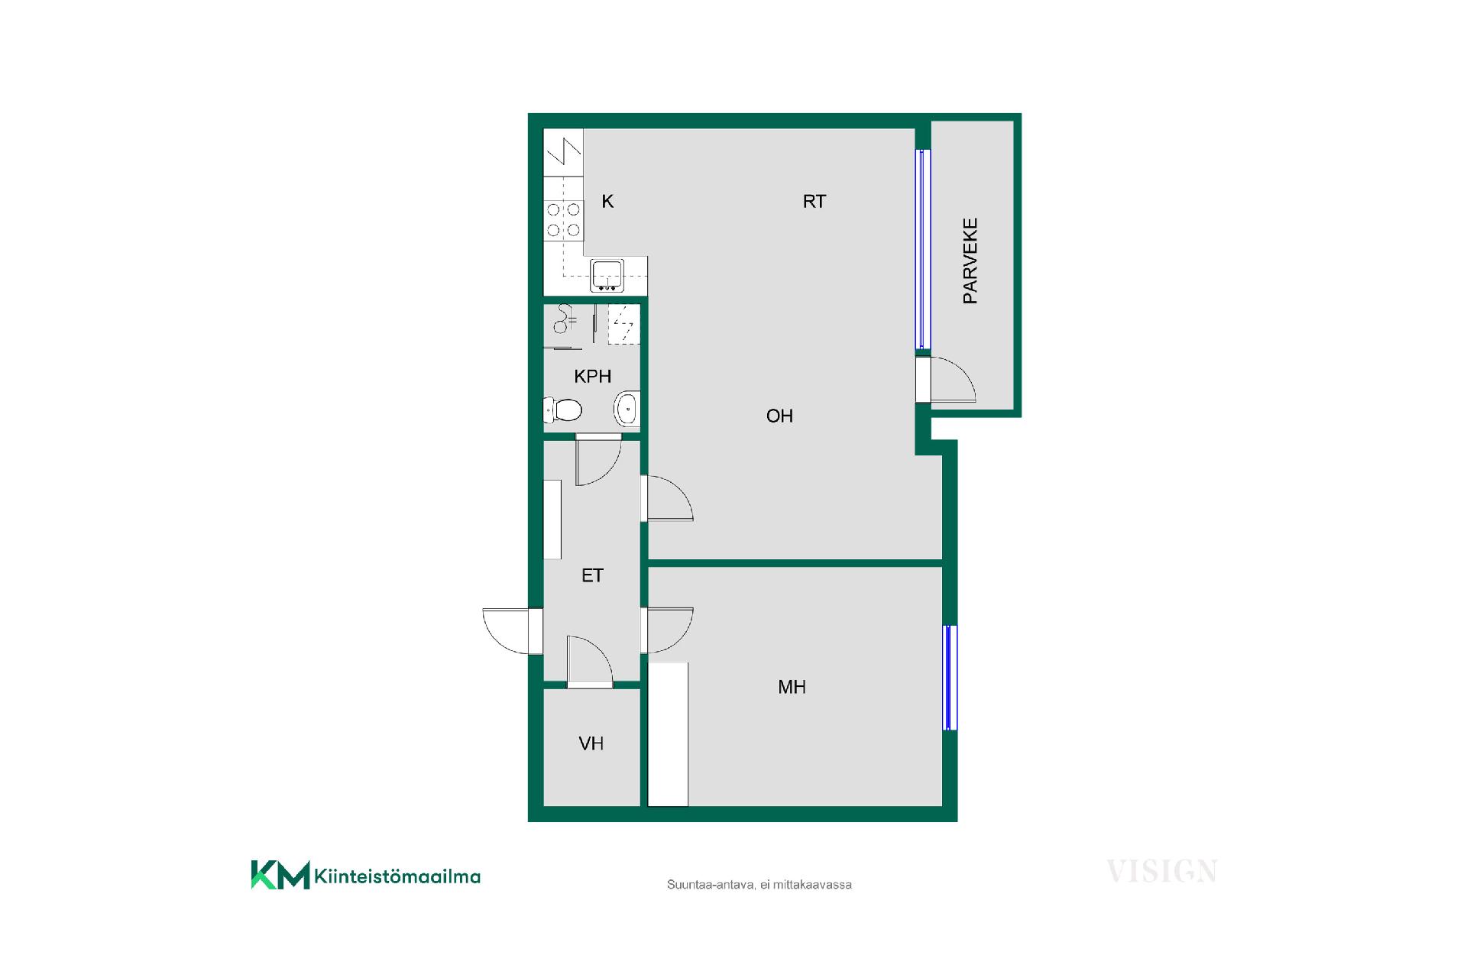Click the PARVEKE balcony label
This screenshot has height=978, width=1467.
(970, 261)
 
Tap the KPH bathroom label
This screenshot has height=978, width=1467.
(593, 376)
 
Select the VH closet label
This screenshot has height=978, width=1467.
(591, 743)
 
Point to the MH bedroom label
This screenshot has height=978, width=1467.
(792, 687)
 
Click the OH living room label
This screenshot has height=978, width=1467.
(779, 416)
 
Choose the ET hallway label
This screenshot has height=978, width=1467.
(592, 575)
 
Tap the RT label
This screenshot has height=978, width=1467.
(814, 201)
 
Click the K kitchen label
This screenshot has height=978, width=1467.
(608, 201)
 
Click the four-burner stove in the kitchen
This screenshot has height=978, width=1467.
(563, 219)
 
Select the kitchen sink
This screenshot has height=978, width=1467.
(607, 276)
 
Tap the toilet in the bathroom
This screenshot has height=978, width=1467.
(562, 410)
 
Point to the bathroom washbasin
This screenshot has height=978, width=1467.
(627, 410)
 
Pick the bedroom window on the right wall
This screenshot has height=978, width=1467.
(950, 678)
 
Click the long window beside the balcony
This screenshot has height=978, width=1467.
(924, 249)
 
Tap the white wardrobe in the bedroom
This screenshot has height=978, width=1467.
(668, 734)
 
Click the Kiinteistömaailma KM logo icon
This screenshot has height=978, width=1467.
(280, 875)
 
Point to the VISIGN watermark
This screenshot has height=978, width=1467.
(1162, 871)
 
